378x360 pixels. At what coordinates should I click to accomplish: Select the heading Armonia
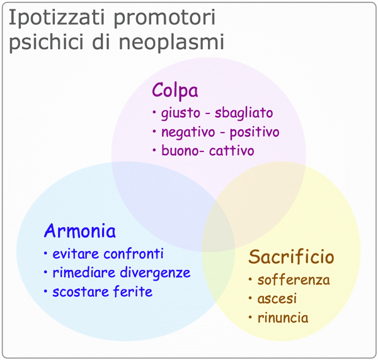tap(80, 231)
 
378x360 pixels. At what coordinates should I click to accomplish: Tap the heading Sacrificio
tap(291, 257)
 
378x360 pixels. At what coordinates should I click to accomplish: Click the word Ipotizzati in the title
tap(57, 18)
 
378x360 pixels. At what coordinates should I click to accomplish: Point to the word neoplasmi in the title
tap(171, 42)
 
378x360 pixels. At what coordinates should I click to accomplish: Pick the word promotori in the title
tap(164, 18)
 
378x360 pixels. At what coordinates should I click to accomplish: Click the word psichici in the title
tap(46, 42)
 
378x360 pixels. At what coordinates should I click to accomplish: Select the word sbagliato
tap(244, 113)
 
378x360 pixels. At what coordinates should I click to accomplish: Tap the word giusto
tap(181, 113)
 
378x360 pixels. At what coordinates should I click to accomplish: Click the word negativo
tap(188, 132)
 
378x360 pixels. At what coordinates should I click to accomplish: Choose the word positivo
tap(255, 132)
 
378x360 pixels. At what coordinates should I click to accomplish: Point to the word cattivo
tap(232, 151)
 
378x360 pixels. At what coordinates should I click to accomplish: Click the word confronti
tap(134, 254)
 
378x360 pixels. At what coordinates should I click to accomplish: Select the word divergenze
tap(155, 273)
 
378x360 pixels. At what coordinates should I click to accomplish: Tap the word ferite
tap(133, 291)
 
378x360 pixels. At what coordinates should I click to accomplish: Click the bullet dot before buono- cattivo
tap(154, 150)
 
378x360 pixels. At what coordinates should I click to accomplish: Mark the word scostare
tap(81, 292)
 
